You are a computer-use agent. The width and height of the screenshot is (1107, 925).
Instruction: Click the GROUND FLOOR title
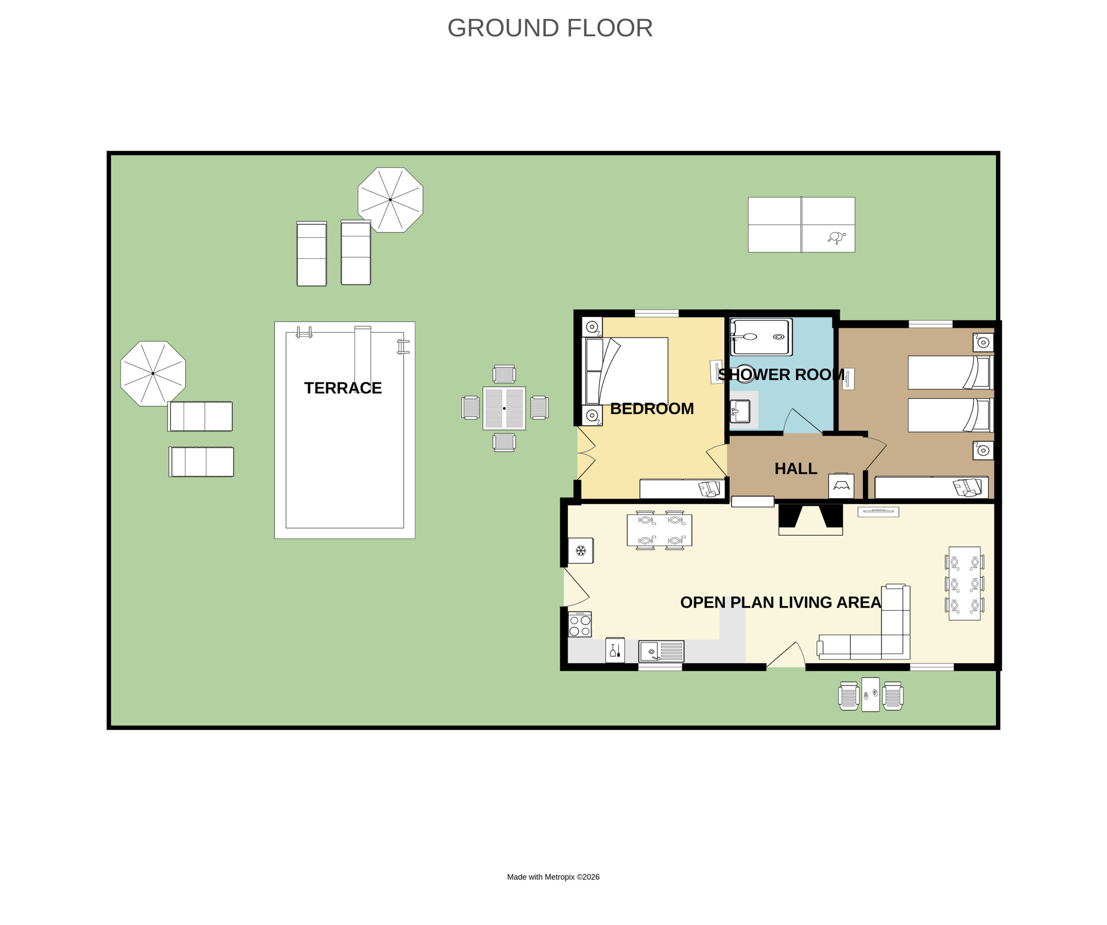click(x=550, y=28)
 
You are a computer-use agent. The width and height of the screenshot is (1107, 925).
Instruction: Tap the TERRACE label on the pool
click(x=342, y=388)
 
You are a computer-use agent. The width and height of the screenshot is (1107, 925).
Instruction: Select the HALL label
click(x=796, y=469)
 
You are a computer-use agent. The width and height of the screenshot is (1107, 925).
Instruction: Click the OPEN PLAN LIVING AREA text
click(x=781, y=603)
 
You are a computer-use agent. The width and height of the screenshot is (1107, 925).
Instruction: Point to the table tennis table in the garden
click(x=801, y=224)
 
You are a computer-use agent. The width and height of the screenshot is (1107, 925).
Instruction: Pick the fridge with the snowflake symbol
click(x=580, y=551)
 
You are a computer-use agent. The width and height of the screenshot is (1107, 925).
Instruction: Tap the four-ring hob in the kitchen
click(x=580, y=625)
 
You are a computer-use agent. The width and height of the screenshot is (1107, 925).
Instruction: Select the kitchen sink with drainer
click(x=661, y=651)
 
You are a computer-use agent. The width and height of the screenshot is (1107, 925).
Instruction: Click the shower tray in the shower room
click(x=761, y=337)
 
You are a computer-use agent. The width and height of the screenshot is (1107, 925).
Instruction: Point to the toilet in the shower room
click(x=744, y=374)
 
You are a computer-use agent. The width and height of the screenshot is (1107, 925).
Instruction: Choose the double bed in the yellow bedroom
click(x=625, y=371)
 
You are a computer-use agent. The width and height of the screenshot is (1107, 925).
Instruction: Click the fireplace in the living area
click(x=811, y=519)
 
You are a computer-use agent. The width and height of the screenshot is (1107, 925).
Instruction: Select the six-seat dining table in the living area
click(x=965, y=584)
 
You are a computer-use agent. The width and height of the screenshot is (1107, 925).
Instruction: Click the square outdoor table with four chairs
click(x=505, y=408)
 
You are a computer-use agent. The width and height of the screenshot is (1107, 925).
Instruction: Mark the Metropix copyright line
click(x=553, y=877)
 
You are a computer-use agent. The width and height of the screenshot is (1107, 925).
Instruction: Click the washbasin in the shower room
click(x=740, y=411)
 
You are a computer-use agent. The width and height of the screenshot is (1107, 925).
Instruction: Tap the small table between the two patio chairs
click(x=870, y=695)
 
